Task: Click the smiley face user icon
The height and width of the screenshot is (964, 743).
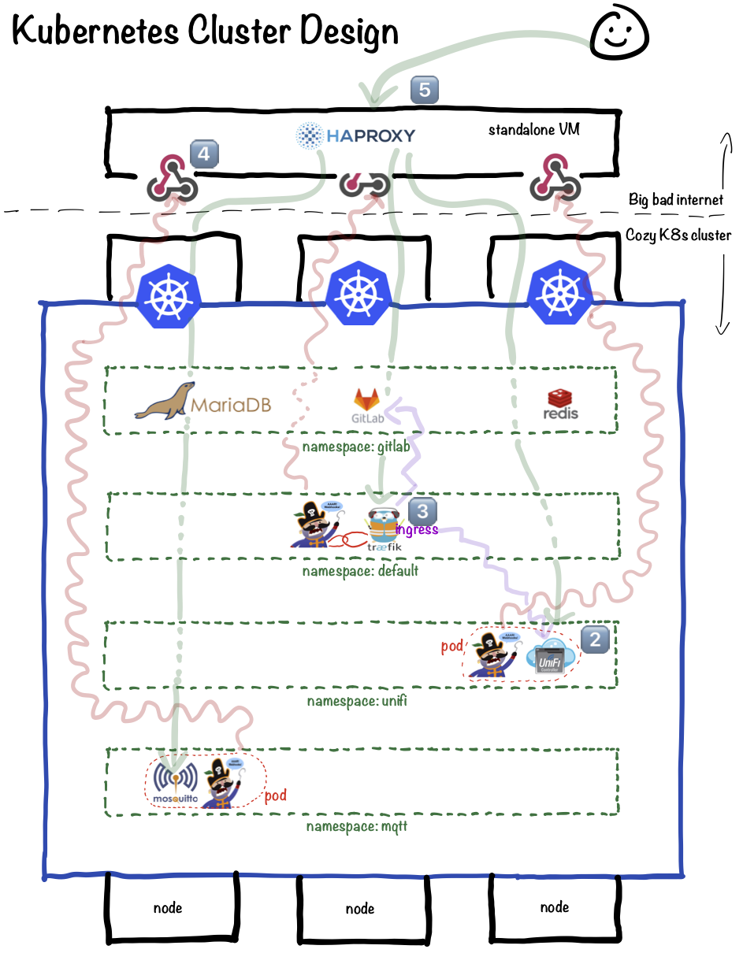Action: (x=619, y=34)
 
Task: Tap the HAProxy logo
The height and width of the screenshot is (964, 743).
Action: (x=355, y=135)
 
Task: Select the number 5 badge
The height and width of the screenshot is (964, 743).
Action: (x=424, y=90)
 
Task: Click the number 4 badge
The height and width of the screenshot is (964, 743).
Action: (x=203, y=154)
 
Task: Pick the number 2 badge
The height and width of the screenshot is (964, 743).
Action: (x=595, y=640)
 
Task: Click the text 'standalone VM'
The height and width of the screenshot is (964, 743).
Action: (x=533, y=129)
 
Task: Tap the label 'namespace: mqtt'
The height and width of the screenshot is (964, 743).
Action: (x=357, y=827)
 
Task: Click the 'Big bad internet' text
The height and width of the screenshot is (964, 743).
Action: (x=675, y=199)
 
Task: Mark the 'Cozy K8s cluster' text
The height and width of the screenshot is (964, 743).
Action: (x=678, y=235)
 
